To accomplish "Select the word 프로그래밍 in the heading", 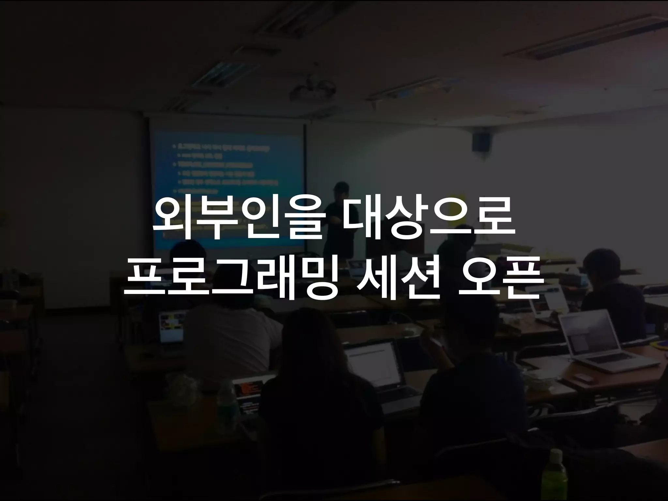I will pyautogui.click(x=230, y=281).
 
